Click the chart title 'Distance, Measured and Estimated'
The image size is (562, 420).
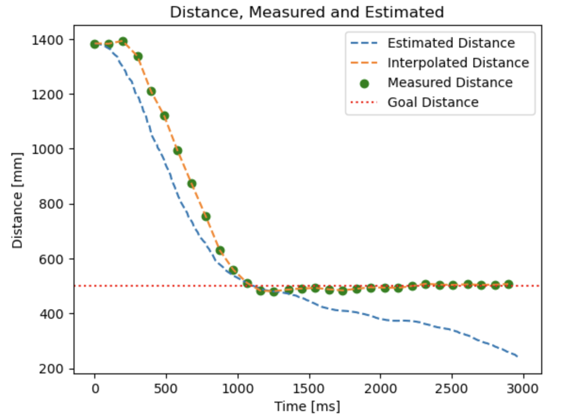[306, 12]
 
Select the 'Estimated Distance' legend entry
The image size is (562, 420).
[451, 43]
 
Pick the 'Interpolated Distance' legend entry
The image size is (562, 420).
[458, 63]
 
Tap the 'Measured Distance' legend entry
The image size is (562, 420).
[450, 82]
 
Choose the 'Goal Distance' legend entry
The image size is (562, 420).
[433, 102]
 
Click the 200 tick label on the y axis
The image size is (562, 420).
[58, 369]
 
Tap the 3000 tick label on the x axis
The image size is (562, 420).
[523, 389]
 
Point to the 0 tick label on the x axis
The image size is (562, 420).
[95, 389]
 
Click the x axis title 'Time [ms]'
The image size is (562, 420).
[307, 406]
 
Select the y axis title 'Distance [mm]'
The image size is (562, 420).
[17, 200]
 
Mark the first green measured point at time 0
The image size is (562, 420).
[95, 44]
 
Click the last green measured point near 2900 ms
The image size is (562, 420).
[508, 284]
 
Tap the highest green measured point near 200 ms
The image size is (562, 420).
[123, 41]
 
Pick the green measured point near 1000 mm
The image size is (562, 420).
[178, 151]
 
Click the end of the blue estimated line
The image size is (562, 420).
[517, 356]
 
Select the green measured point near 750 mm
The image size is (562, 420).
[206, 217]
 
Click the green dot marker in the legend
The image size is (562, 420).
[364, 83]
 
